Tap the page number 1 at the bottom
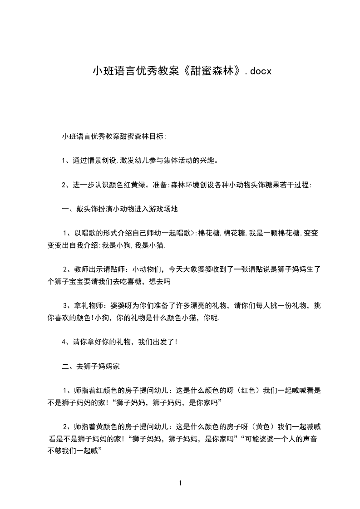pyautogui.click(x=180, y=483)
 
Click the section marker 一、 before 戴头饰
pyautogui.click(x=66, y=209)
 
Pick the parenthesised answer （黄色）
pyautogui.click(x=264, y=427)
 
